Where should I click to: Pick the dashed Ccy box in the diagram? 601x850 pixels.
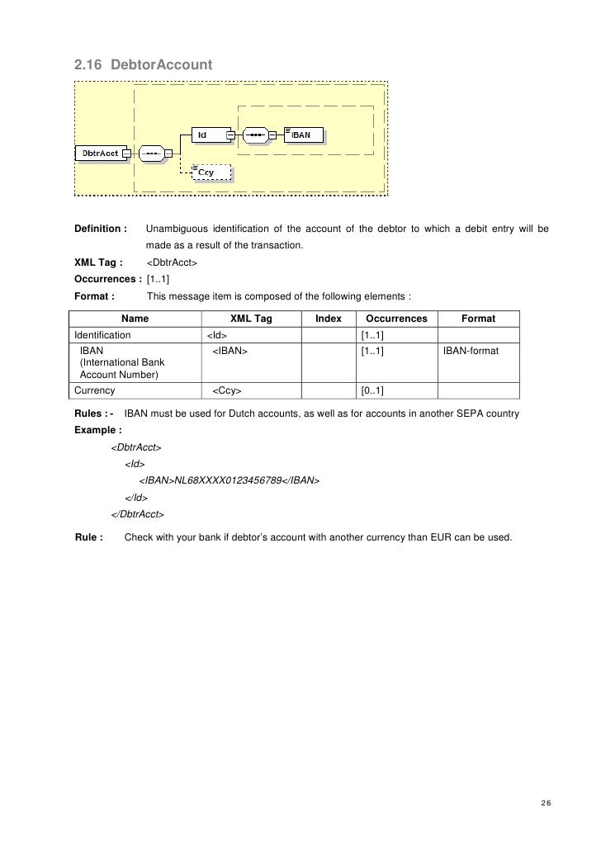click(211, 172)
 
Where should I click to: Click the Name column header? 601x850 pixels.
click(135, 319)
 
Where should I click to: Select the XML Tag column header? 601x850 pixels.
click(251, 319)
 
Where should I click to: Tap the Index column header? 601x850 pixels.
click(329, 319)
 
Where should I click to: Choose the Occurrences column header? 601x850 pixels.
click(396, 319)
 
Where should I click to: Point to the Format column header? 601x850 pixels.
click(478, 319)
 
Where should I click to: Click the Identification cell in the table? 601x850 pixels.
click(102, 336)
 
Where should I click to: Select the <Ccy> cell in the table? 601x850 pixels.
click(227, 390)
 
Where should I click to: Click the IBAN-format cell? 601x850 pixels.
click(471, 351)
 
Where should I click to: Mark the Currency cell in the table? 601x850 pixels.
click(95, 390)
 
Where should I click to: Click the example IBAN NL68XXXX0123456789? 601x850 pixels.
click(228, 480)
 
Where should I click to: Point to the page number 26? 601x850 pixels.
click(546, 804)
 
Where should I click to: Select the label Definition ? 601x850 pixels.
click(101, 229)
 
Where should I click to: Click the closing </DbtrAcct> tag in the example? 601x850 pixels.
click(137, 515)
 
